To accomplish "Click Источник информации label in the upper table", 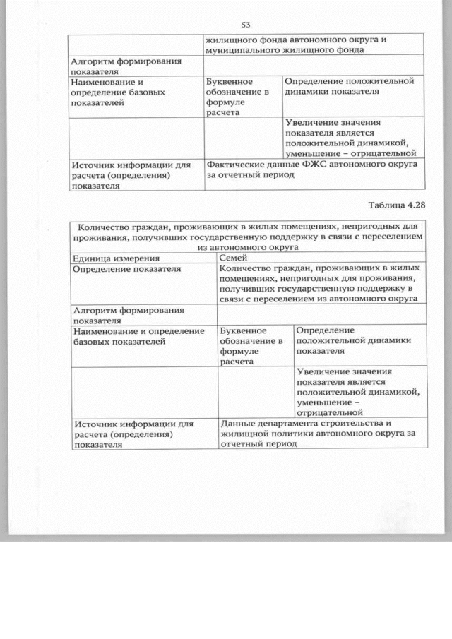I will click(131, 174).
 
